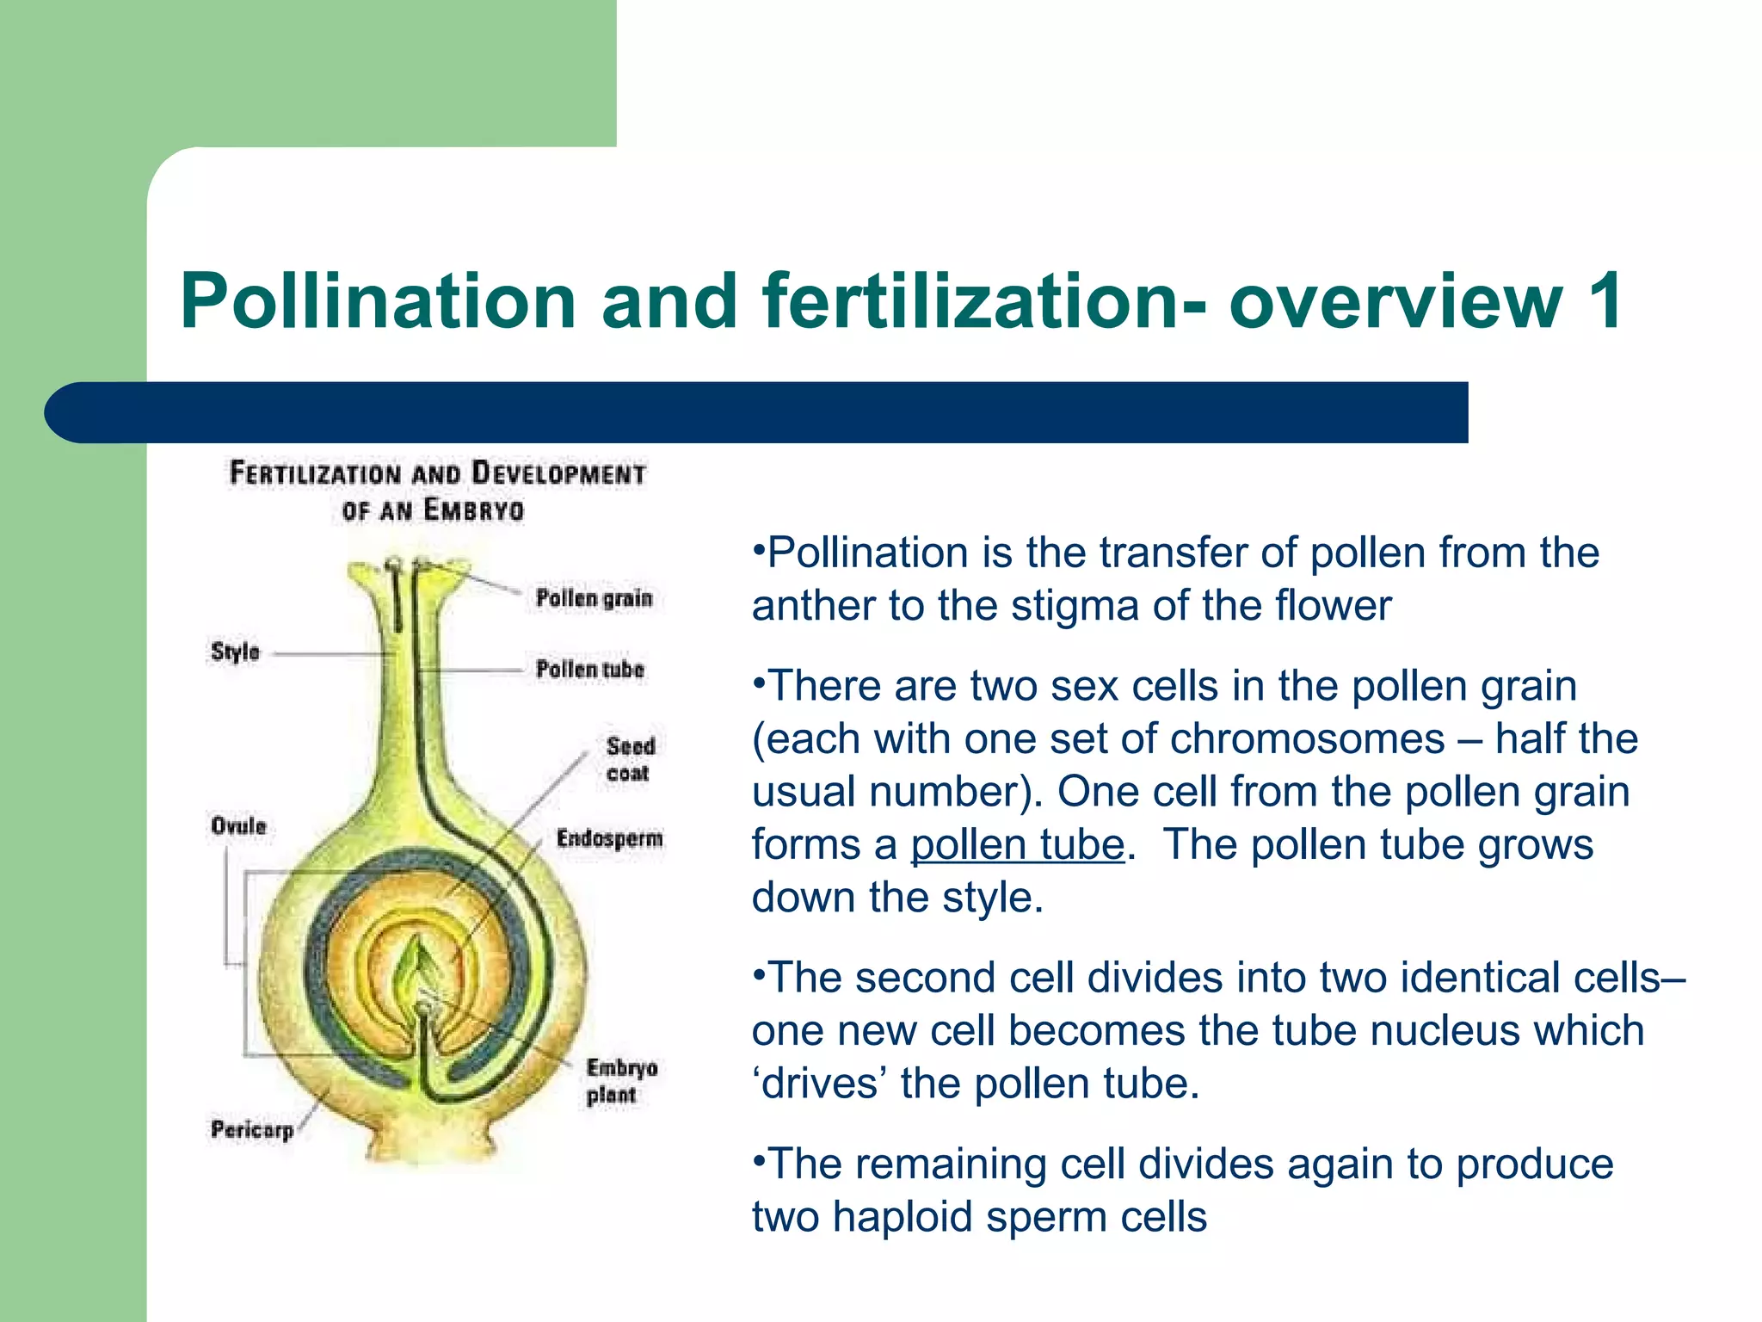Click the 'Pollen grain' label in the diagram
(x=594, y=598)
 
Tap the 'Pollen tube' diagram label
(x=589, y=669)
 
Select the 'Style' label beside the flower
(x=235, y=652)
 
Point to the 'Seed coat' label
(x=630, y=759)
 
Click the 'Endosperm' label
(x=609, y=838)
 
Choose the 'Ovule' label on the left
(x=238, y=826)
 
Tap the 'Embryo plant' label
(x=621, y=1081)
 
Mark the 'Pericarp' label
(x=252, y=1129)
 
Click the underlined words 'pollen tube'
(x=1018, y=844)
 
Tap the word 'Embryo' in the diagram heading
(x=473, y=510)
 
